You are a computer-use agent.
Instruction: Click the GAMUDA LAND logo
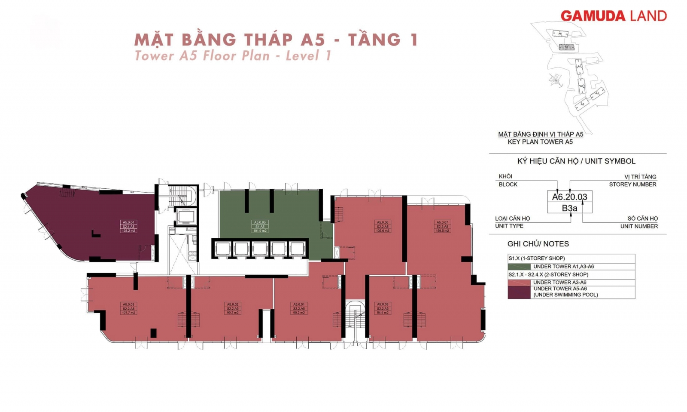(x=614, y=16)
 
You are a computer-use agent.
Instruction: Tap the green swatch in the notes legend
(x=519, y=267)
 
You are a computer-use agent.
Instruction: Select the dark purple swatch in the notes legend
(x=519, y=292)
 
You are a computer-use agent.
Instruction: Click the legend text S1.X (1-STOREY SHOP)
(x=536, y=258)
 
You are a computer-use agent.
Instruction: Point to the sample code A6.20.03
(x=569, y=197)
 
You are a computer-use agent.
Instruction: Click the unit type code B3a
(x=569, y=208)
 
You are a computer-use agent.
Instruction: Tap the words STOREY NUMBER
(x=632, y=184)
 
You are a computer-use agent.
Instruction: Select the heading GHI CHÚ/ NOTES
(x=538, y=244)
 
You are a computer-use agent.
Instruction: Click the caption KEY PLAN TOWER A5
(x=540, y=142)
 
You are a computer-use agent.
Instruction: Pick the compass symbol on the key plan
(x=555, y=80)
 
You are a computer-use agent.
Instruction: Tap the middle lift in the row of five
(x=260, y=249)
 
